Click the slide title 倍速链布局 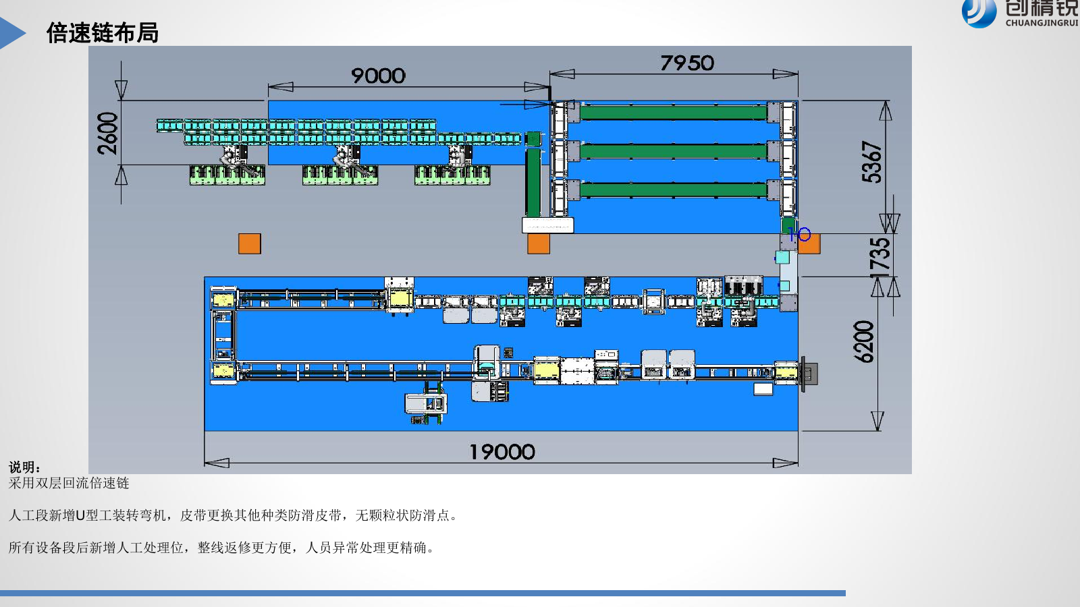[x=102, y=33]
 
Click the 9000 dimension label [x=379, y=76]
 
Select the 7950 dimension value [x=687, y=63]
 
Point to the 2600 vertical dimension [x=107, y=133]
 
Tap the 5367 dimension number [x=871, y=162]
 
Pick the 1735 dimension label [x=880, y=258]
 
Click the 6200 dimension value [x=863, y=341]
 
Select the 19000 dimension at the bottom [x=502, y=452]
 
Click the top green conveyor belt [x=674, y=113]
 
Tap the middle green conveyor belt [x=674, y=151]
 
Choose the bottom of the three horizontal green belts [x=674, y=190]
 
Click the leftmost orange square [x=250, y=243]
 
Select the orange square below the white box [x=539, y=243]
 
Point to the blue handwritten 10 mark [x=799, y=235]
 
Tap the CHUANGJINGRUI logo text [x=1042, y=23]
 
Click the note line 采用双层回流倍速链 [x=69, y=483]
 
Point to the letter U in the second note [x=80, y=515]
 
